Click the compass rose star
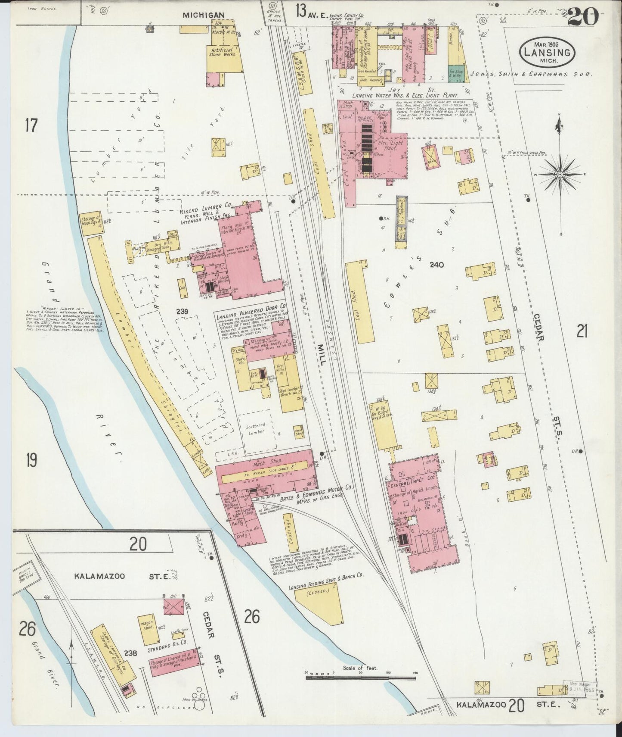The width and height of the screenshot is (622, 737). [560, 174]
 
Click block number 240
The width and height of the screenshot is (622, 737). [436, 265]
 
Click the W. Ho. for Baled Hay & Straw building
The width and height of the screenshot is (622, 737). [382, 425]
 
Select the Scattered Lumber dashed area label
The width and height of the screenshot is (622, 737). [255, 429]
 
